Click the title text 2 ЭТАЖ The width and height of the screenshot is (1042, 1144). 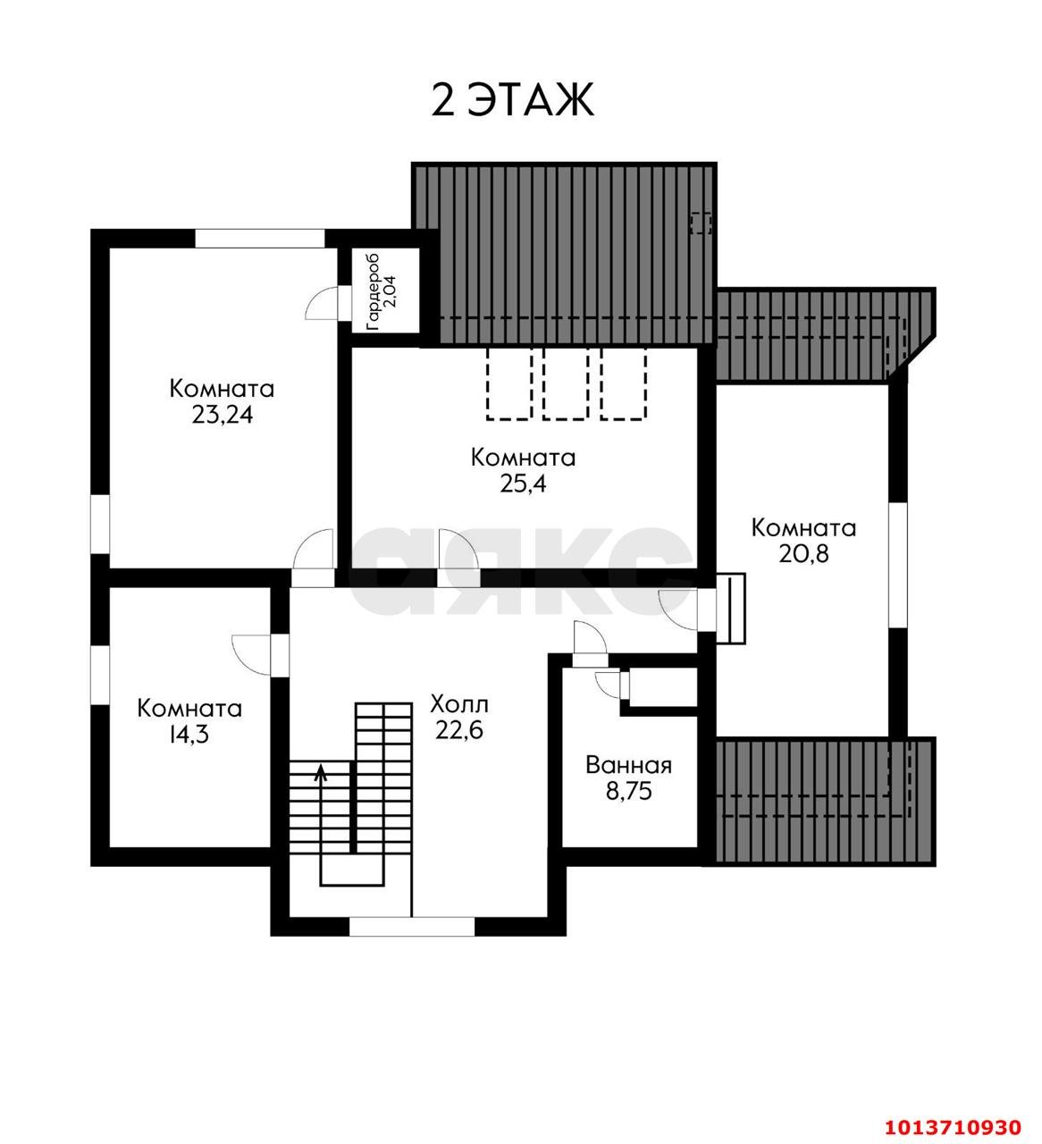(x=512, y=100)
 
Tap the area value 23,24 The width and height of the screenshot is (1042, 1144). (x=223, y=416)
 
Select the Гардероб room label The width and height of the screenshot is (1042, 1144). (x=374, y=292)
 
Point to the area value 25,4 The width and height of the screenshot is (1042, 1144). (x=523, y=484)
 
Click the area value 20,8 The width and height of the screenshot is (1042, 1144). (x=803, y=554)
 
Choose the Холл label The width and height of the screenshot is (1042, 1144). (x=459, y=705)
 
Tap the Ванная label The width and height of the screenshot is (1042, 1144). (x=628, y=765)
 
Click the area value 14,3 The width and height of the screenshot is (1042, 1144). (x=189, y=735)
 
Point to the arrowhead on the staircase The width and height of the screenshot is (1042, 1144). (x=321, y=772)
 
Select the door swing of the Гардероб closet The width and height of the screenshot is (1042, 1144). (x=321, y=303)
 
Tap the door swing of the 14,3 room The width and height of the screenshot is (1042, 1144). (x=251, y=655)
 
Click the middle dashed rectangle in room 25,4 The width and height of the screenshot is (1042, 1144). (x=565, y=384)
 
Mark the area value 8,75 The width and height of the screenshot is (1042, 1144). (x=629, y=792)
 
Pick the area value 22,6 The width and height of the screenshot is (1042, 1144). (x=459, y=730)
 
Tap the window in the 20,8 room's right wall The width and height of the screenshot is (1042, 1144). (x=898, y=565)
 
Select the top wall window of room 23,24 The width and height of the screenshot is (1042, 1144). (x=260, y=239)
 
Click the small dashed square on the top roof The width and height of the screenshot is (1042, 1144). (x=701, y=223)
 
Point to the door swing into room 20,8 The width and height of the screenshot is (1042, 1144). (x=677, y=610)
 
